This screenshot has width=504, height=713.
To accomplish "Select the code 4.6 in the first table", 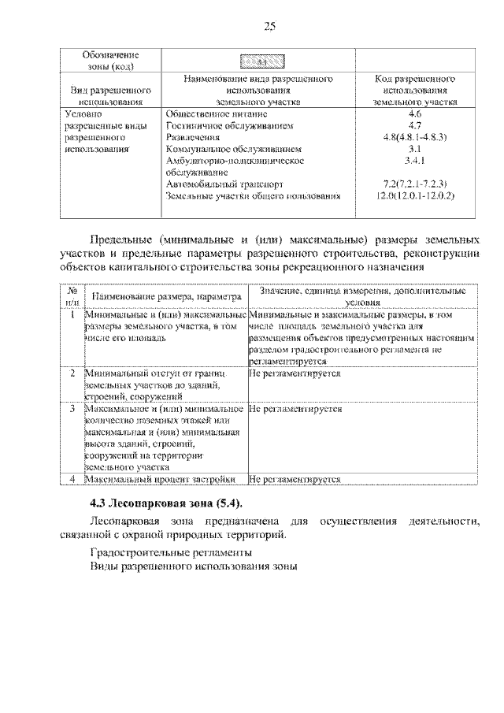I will pos(417,113).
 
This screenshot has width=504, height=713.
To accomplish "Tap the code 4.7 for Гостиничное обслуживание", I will pos(417,124).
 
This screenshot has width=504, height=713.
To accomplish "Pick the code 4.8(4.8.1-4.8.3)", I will pos(417,136).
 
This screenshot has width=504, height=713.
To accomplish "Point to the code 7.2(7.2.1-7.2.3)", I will pos(417,183).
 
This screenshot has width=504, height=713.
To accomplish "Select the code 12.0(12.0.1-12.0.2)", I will pos(417,194).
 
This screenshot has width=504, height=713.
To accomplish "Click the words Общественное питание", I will pos(210,113).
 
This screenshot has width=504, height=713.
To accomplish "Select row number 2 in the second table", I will pos(72,371).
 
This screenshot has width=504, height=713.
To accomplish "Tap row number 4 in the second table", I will pos(72,478).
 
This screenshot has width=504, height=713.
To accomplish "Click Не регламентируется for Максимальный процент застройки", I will pos(295,478).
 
